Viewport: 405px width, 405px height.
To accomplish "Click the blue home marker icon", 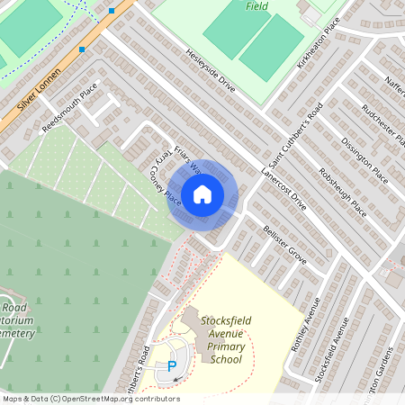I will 202,193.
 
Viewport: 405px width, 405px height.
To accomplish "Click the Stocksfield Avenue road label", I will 334,351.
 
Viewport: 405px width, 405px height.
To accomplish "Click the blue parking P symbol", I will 171,366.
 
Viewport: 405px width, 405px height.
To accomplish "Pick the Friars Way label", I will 186,161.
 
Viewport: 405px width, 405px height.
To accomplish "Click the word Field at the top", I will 256,5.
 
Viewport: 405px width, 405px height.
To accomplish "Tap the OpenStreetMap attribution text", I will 90,399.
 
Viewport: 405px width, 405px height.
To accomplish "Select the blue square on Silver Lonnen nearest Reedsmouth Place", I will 82,49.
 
